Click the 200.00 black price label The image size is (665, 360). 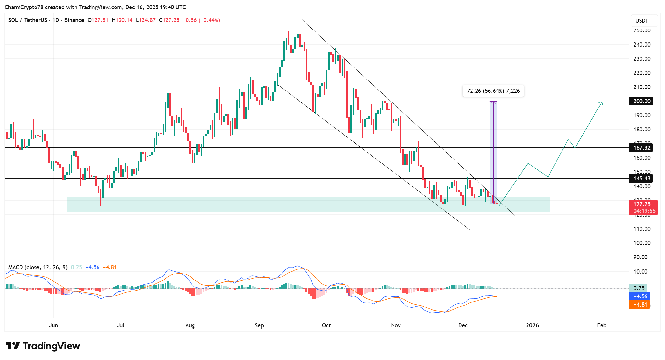click(641, 101)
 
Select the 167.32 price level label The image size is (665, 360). click(641, 148)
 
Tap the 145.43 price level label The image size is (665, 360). click(641, 179)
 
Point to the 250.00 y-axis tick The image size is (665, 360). click(642, 30)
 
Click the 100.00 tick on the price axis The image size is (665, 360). click(642, 243)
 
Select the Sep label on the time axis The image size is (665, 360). click(259, 325)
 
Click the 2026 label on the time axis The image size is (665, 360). click(532, 325)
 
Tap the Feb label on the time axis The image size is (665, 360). click(601, 325)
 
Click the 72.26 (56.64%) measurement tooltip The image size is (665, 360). click(493, 91)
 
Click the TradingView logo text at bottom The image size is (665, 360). click(43, 346)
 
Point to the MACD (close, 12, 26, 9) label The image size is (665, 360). click(38, 267)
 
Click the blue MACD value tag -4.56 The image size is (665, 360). click(640, 296)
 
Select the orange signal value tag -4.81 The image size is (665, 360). click(640, 305)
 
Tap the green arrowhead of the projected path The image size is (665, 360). click(601, 103)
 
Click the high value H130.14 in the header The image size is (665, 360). click(122, 20)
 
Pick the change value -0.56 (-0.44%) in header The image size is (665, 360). click(201, 20)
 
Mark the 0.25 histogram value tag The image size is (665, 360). click(639, 288)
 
